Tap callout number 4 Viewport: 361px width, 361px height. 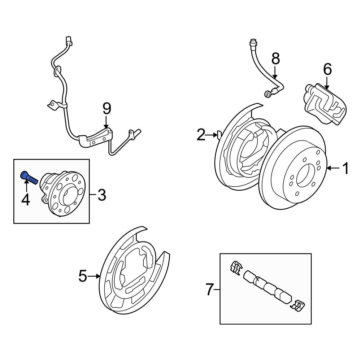click(25, 200)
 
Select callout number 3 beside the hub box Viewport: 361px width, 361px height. click(101, 195)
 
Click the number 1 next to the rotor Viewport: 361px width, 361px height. click(345, 168)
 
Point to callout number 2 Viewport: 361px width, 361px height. click(201, 135)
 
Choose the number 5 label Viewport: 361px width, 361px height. click(83, 277)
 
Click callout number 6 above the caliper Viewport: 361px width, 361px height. click(327, 69)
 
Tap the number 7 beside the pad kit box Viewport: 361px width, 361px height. click(210, 290)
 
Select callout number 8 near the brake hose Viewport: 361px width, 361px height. click(275, 58)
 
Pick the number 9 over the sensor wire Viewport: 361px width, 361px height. click(107, 108)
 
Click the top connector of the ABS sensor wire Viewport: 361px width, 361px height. click(69, 41)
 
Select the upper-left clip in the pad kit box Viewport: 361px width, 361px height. click(235, 268)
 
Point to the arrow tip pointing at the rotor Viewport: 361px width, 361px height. click(327, 168)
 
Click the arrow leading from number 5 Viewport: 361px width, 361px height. click(95, 277)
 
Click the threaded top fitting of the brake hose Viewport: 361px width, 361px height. click(253, 45)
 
